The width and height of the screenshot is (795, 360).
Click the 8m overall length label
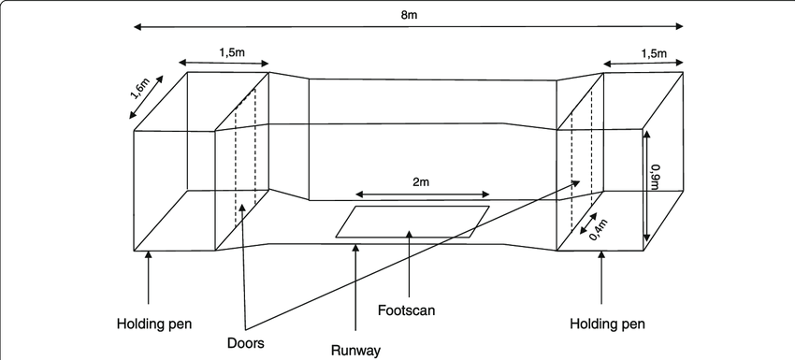[x=409, y=16]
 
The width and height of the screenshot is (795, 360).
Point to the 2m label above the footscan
[x=421, y=183]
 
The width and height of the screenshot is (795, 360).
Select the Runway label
[x=356, y=351]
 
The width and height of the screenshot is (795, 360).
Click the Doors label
[x=246, y=343]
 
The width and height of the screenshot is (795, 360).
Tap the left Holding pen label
[x=154, y=324]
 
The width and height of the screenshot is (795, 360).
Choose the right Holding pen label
[x=607, y=324]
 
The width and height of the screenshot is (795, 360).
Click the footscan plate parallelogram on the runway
[x=412, y=222]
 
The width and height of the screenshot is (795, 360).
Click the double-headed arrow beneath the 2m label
[x=422, y=195]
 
